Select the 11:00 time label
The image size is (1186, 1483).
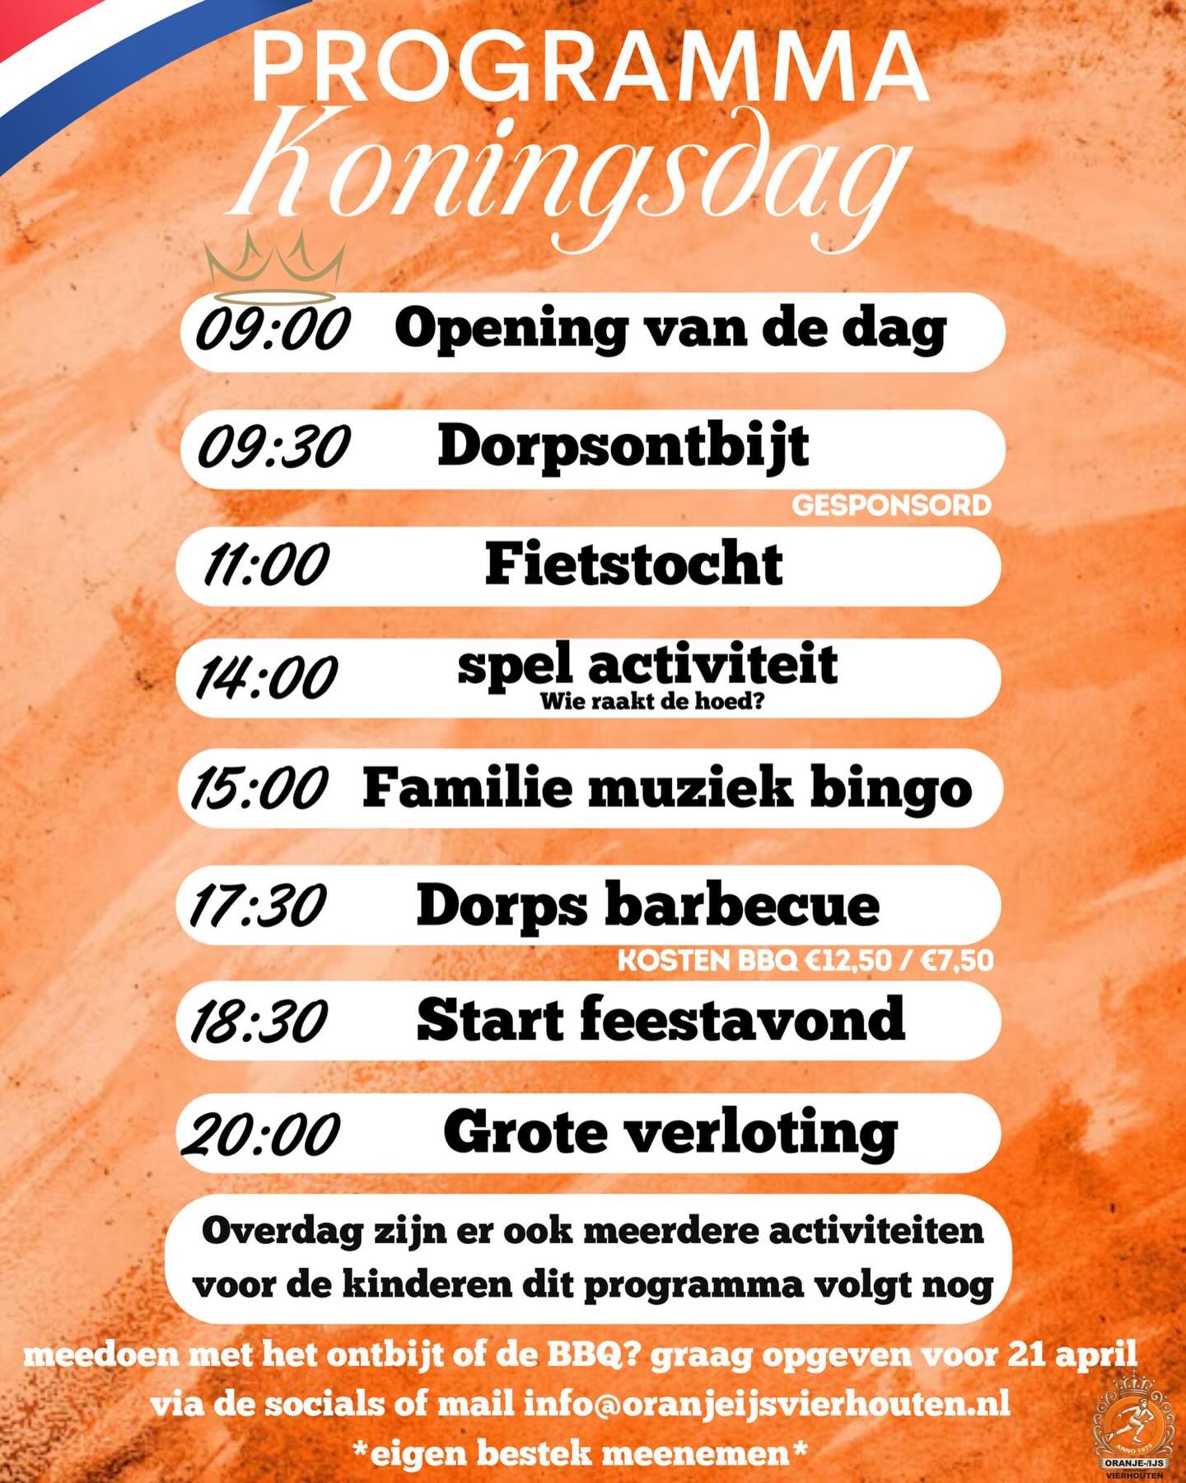pyautogui.click(x=265, y=566)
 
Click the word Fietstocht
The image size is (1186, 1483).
pyautogui.click(x=633, y=564)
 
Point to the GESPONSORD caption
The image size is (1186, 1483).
pyautogui.click(x=891, y=505)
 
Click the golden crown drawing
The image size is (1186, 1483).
pyautogui.click(x=274, y=268)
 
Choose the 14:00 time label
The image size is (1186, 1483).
pyautogui.click(x=265, y=678)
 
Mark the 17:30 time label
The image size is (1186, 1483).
pyautogui.click(x=257, y=905)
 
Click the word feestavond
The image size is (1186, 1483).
pyautogui.click(x=742, y=1020)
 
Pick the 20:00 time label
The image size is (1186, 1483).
pyautogui.click(x=260, y=1135)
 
